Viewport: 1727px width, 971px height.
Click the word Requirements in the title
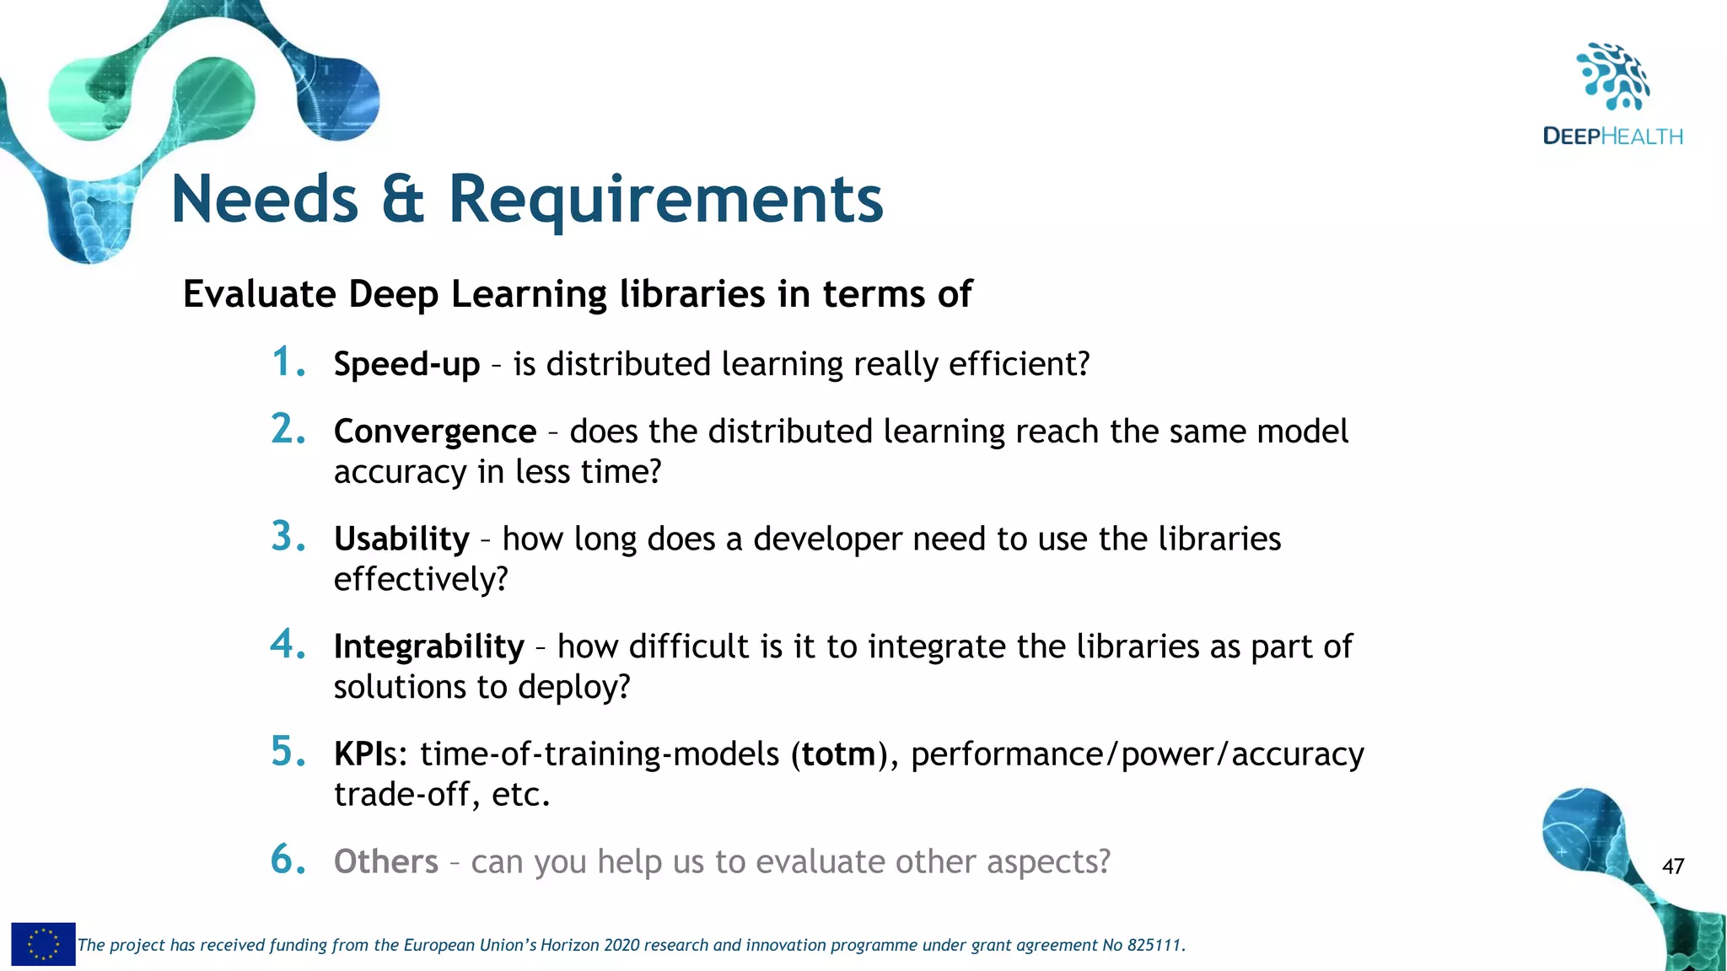(x=665, y=200)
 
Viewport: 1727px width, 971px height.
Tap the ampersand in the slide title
(x=402, y=200)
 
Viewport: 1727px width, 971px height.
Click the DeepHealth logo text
(x=1612, y=137)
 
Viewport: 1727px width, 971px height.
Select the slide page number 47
(x=1673, y=866)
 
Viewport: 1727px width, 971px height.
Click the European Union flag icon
(x=43, y=944)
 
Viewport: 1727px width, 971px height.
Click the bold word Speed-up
(x=406, y=365)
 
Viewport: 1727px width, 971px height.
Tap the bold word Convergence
(x=435, y=432)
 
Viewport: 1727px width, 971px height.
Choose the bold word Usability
(x=401, y=539)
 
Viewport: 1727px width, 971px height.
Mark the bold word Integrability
(x=429, y=646)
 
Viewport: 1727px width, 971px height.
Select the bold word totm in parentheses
(x=838, y=754)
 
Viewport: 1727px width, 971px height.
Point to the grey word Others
(x=386, y=861)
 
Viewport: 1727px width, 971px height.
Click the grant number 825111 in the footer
(x=1154, y=946)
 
